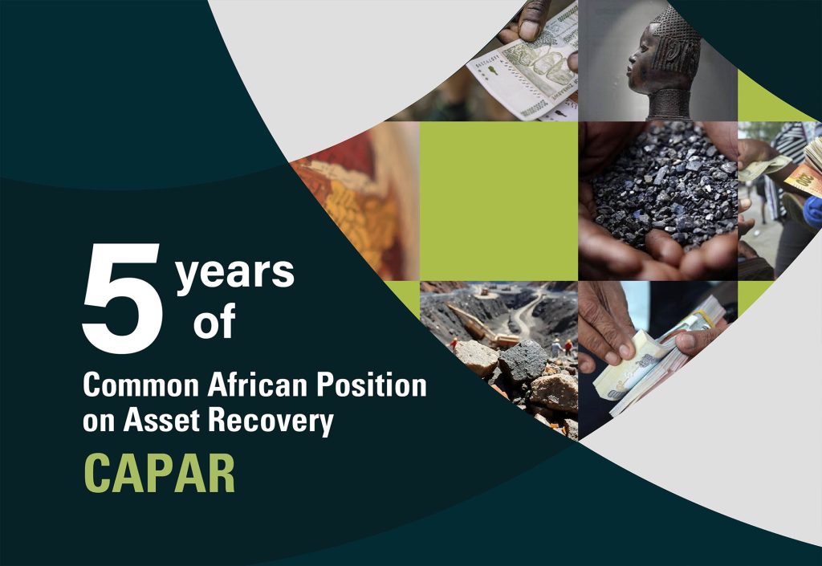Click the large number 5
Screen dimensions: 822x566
point(122,298)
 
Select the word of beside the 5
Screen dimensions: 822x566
point(214,320)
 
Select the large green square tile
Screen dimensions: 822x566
point(498,201)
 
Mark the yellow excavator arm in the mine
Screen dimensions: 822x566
point(480,325)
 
